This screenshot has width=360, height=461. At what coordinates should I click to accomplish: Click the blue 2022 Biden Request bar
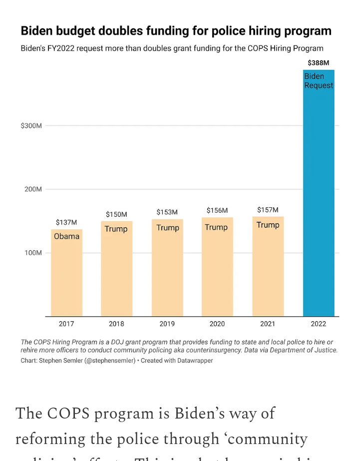319,200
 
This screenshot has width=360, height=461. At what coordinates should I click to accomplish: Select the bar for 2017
66,275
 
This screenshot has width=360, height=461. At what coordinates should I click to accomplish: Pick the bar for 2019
167,270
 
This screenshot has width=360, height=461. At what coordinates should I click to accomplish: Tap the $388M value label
319,63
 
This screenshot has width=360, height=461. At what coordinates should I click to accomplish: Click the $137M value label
66,222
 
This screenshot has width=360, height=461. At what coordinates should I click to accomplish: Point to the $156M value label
217,210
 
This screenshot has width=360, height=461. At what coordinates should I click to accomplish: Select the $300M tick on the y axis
31,126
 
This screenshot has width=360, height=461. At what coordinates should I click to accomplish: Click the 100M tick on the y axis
33,253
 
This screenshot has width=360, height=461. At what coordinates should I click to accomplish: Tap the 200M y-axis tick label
33,189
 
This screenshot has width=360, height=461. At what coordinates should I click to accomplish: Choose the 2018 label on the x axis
116,324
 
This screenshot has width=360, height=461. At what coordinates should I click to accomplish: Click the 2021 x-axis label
268,324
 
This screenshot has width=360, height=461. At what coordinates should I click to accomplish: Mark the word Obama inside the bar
67,236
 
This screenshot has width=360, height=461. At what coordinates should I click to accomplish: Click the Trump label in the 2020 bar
216,227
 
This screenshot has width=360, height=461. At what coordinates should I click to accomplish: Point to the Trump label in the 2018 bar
116,229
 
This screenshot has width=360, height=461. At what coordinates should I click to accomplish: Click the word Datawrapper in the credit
193,360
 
